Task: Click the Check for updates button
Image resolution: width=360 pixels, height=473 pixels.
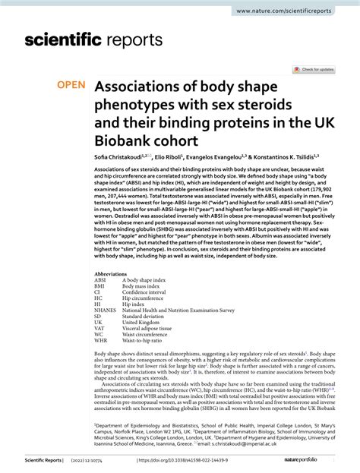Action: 312,69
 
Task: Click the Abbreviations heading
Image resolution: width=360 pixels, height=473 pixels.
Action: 111,273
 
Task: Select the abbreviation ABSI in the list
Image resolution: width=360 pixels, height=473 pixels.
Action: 102,279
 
